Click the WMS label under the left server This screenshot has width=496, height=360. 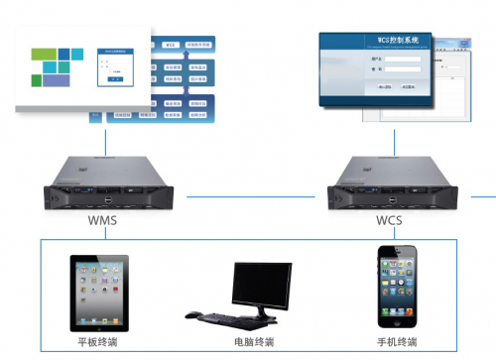(102, 219)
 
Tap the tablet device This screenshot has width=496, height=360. (97, 293)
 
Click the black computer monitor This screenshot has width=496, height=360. (260, 286)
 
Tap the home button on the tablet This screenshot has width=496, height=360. (97, 325)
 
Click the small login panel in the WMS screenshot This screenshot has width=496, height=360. (113, 63)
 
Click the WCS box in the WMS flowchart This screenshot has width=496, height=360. (170, 45)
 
